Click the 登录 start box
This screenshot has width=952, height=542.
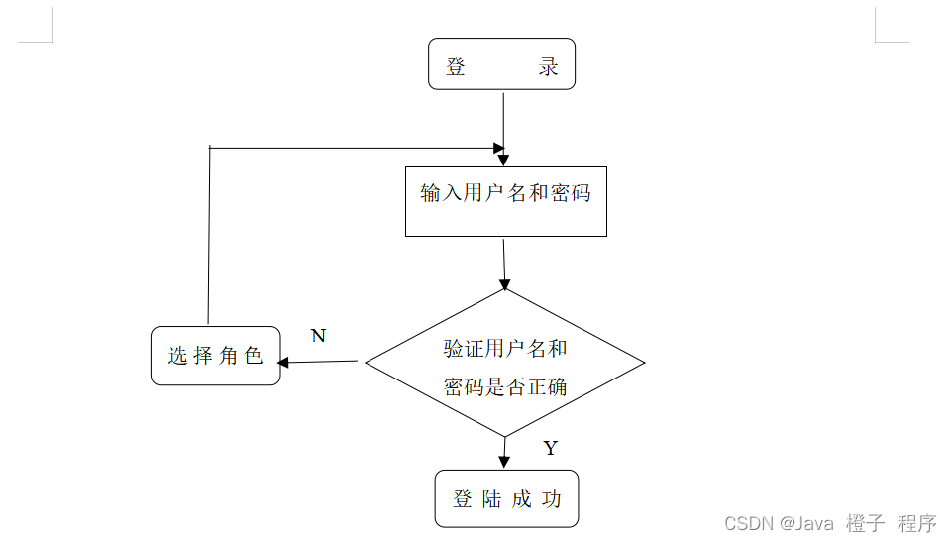pos(501,64)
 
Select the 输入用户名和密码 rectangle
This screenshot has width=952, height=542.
pos(505,201)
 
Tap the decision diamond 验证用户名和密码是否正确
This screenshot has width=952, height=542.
pos(505,363)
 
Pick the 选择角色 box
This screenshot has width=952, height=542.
pos(215,356)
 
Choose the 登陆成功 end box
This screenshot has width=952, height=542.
pos(506,498)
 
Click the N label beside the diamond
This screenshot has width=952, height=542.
pos(318,336)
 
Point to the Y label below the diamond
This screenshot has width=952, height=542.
pos(551,449)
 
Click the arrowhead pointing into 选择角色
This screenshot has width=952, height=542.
pos(283,362)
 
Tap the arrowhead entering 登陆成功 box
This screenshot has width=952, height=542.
pos(505,463)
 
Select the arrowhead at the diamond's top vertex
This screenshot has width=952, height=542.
pos(505,283)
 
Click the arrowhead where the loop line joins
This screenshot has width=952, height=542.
pos(502,150)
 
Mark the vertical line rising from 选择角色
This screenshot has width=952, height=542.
pos(209,238)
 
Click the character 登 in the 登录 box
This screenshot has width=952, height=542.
pos(456,67)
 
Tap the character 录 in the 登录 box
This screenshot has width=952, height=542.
pos(548,67)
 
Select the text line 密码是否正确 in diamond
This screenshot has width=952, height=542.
pos(505,386)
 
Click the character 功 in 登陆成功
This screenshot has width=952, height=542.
pos(552,499)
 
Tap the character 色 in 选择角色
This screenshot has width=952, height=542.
pos(254,356)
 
